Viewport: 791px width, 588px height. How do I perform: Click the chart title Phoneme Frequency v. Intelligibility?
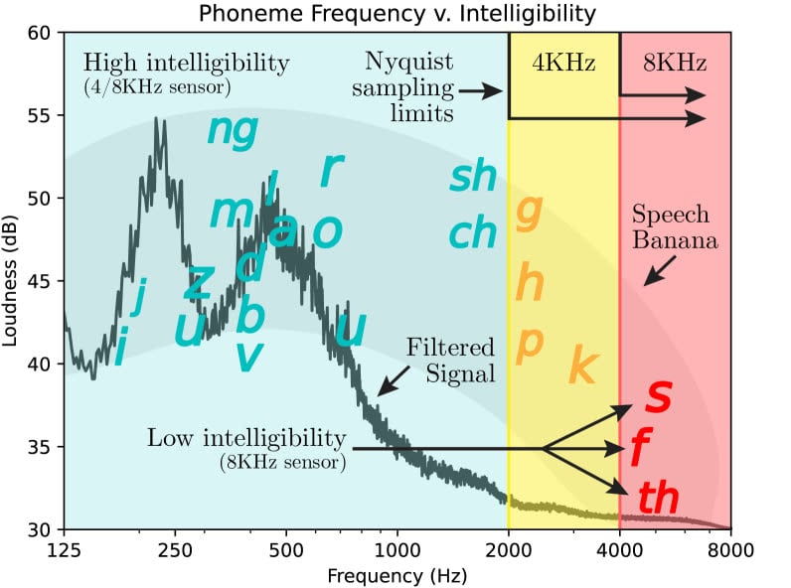[396, 14]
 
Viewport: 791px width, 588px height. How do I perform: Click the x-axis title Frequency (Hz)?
[396, 573]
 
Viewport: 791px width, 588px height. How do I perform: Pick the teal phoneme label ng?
[233, 130]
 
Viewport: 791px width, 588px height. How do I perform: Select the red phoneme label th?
[657, 498]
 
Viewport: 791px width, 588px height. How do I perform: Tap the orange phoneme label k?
[581, 367]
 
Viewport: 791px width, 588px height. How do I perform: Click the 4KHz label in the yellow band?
[563, 65]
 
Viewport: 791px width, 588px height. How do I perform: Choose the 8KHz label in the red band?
[675, 65]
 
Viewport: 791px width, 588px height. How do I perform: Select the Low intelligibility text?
[245, 438]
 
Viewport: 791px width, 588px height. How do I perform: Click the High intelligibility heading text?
[187, 65]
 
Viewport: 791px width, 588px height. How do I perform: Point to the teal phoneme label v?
[248, 356]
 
